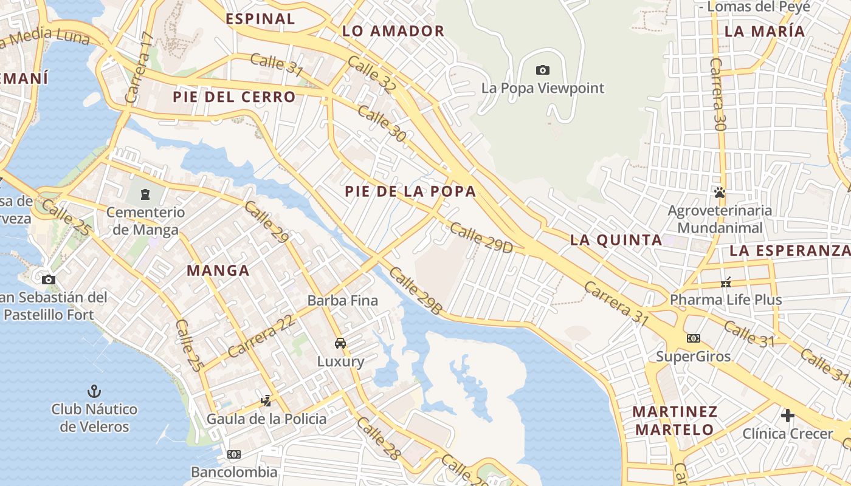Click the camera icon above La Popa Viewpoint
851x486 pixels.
543,70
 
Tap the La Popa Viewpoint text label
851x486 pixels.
543,88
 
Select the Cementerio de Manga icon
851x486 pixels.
145,194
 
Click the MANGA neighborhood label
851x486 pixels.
218,271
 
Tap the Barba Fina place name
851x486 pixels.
343,300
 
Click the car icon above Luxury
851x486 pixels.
340,343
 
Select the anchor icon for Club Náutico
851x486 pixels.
94,391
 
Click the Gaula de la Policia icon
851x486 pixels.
266,401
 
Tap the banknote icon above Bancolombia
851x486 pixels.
234,454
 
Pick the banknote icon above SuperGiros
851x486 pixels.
693,338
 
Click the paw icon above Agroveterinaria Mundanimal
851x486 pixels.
720,193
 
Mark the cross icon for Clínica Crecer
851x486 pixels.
788,416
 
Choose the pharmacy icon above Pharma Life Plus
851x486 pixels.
726,282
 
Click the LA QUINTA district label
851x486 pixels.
616,240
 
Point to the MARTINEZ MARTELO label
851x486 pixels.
675,420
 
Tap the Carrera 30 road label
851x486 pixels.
718,95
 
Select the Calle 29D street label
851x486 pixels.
481,238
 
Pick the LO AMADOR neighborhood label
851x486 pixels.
393,31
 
